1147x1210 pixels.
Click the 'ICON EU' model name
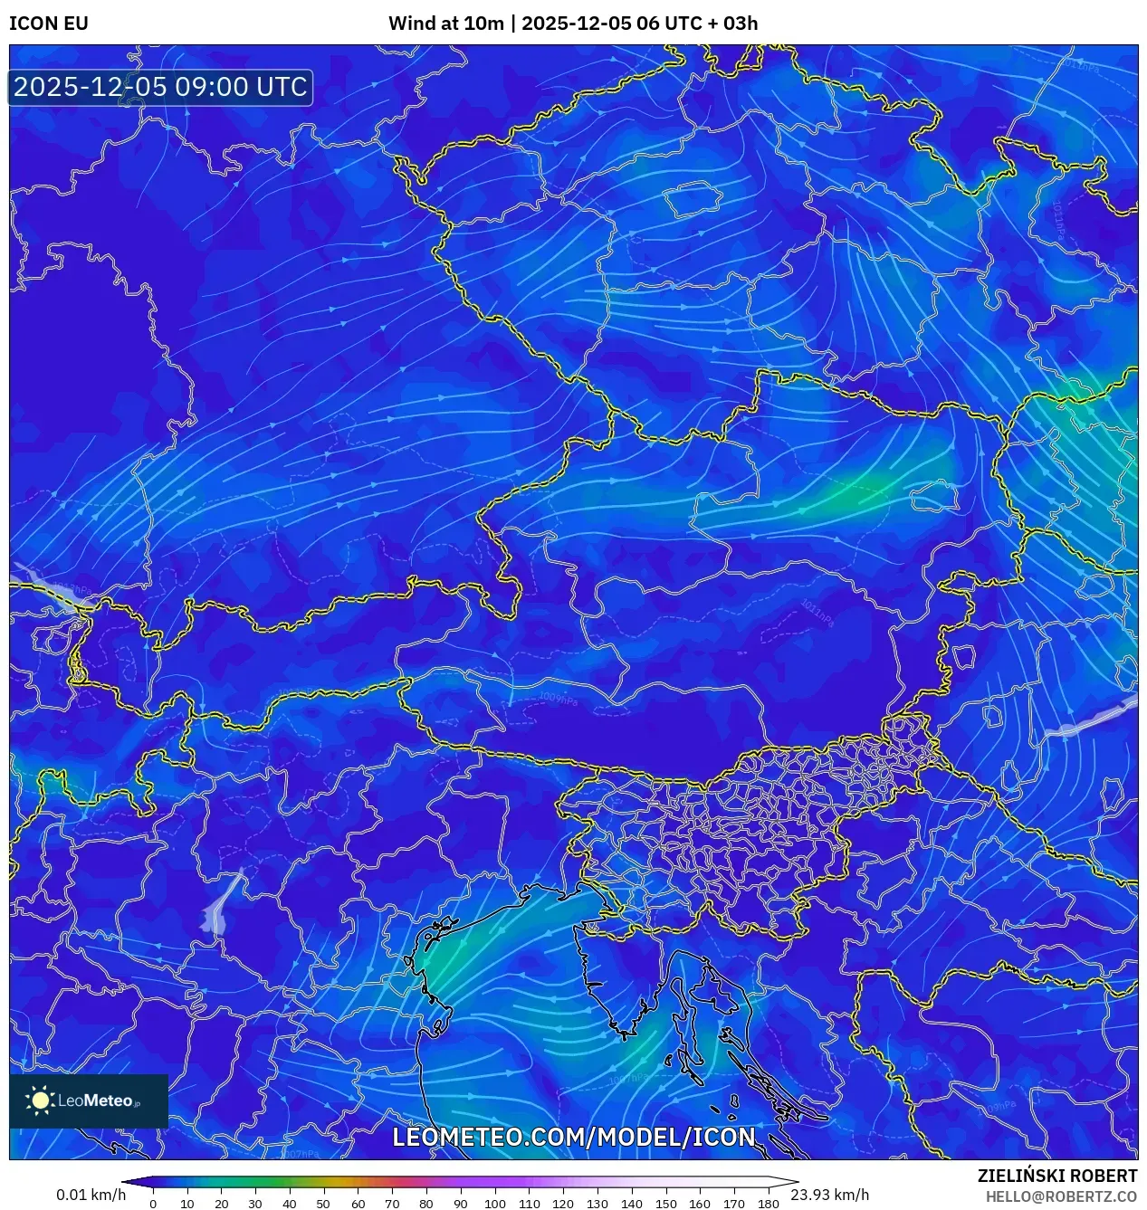coord(49,24)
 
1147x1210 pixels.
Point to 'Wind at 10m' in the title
coord(445,24)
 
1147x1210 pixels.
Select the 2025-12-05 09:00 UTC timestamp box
coord(160,87)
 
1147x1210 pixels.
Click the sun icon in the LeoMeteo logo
coord(40,1100)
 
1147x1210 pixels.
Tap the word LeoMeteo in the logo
coord(95,1101)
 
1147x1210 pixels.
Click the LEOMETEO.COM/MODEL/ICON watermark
coord(573,1137)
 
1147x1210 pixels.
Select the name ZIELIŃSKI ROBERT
coord(1056,1176)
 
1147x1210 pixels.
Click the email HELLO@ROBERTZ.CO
coord(1061,1196)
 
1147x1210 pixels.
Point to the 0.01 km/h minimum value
coord(91,1195)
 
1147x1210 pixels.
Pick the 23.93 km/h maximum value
coord(829,1195)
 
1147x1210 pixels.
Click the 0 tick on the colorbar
coord(153,1204)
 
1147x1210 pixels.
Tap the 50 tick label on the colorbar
coord(323,1204)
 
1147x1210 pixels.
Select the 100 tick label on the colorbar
coord(494,1204)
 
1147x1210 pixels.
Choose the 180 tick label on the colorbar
coord(768,1204)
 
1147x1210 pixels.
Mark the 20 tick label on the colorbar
coord(221,1204)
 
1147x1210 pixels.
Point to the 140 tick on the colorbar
coord(631,1204)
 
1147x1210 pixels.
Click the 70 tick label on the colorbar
coord(392,1204)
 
